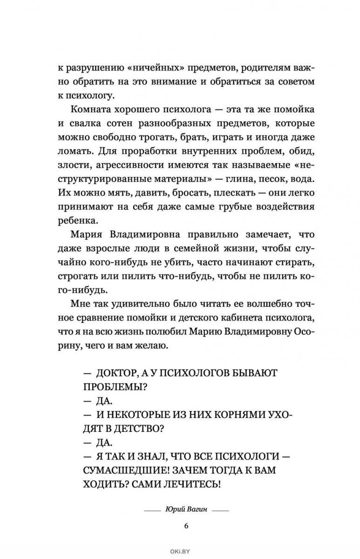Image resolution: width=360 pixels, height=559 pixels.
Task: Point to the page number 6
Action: coord(185,526)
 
